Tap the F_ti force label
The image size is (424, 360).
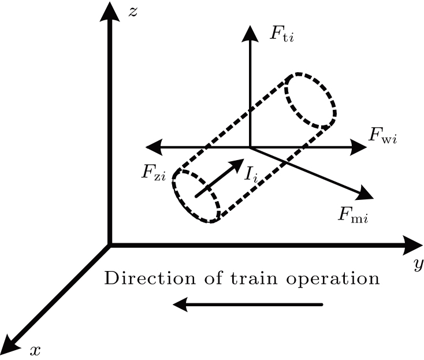click(282, 33)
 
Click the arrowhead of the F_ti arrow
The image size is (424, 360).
click(250, 34)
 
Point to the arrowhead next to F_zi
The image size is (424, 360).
click(153, 147)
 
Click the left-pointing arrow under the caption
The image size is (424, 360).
click(248, 304)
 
